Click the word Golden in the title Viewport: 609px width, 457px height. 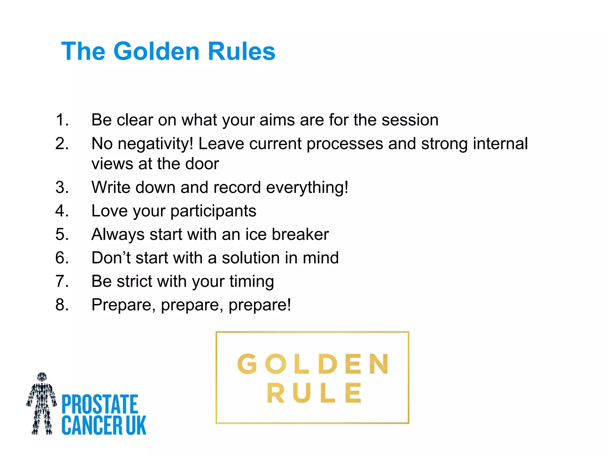[156, 51]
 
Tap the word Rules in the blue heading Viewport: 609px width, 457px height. [241, 51]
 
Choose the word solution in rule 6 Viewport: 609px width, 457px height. [250, 258]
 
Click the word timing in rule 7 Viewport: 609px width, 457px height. [251, 282]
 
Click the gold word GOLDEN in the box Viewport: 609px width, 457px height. [313, 364]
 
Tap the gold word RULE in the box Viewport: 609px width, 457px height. [314, 393]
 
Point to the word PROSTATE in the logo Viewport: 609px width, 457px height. [100, 404]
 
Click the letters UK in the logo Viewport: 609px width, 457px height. [136, 425]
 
